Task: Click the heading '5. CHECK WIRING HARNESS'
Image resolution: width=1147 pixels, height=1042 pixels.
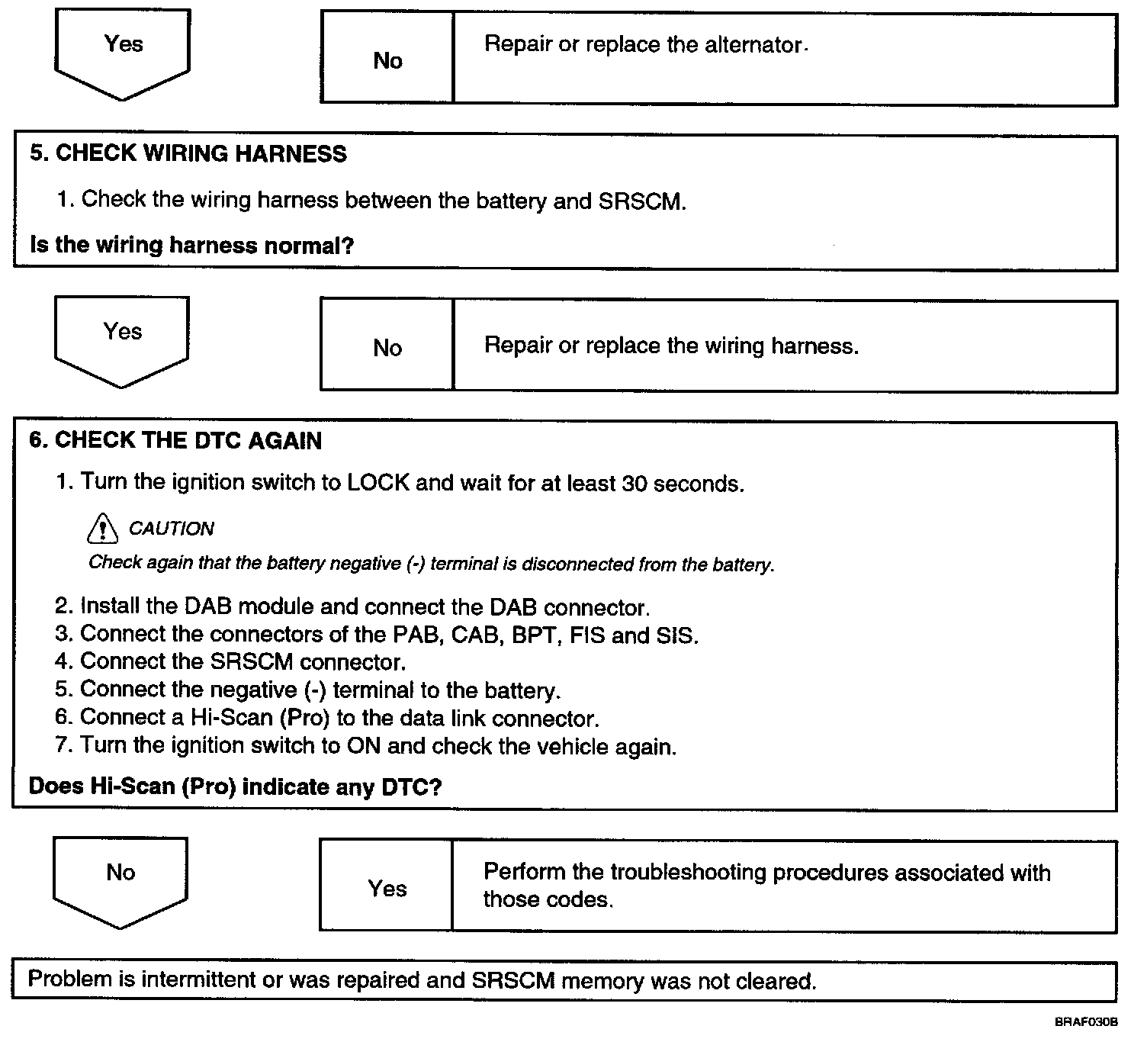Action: tap(188, 154)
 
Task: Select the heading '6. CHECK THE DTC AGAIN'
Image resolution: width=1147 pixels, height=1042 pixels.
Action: tap(175, 441)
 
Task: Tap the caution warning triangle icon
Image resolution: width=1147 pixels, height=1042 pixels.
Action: tap(103, 528)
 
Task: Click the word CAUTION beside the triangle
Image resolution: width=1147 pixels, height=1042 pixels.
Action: tap(171, 529)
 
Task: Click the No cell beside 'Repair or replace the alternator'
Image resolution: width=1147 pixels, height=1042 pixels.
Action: tap(387, 61)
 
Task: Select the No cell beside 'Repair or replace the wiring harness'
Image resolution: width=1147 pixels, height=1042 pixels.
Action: tap(387, 348)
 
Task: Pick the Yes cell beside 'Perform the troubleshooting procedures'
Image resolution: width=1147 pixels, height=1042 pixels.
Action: tap(387, 888)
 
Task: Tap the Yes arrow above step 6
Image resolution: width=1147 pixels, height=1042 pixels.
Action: tap(122, 340)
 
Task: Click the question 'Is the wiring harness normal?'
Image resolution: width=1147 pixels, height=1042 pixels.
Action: tap(191, 246)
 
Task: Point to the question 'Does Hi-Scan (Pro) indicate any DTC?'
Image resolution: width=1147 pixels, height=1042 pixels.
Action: tap(235, 786)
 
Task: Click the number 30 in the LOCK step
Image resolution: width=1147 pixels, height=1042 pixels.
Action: tap(635, 484)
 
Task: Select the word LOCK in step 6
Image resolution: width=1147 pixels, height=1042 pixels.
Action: tap(378, 484)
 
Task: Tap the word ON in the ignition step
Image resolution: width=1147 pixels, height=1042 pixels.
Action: tap(363, 745)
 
